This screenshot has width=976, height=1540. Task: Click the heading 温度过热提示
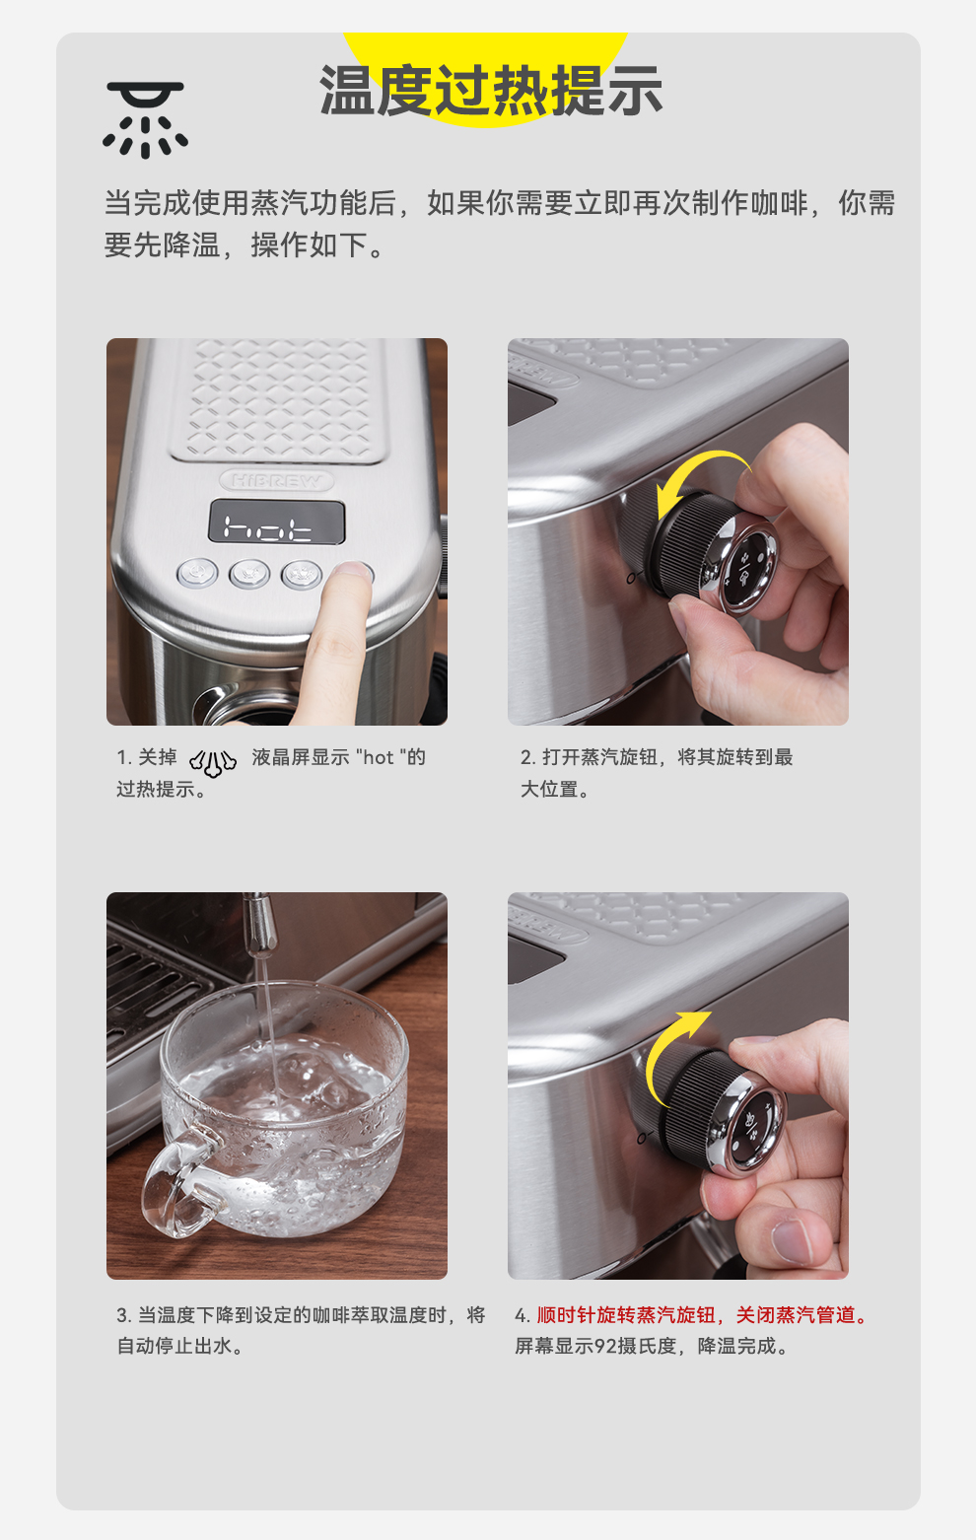(x=491, y=90)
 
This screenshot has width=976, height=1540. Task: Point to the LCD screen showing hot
(x=276, y=522)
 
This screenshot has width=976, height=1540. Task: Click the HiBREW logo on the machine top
(x=276, y=480)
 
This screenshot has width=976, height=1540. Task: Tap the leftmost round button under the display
(x=197, y=573)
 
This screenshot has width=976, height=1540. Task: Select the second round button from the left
(x=248, y=574)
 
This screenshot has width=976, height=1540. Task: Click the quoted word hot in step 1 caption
(x=378, y=757)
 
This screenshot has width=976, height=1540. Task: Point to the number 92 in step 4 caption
(x=605, y=1346)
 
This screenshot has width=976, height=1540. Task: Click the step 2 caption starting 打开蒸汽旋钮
(x=657, y=773)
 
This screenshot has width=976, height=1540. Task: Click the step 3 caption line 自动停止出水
(x=180, y=1346)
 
